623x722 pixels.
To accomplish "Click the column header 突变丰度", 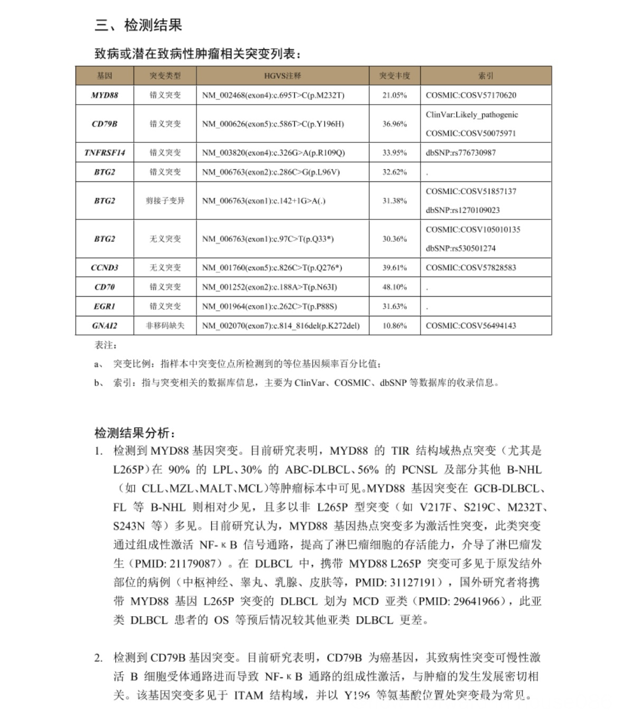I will [x=394, y=76].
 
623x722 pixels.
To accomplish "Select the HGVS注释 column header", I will [x=282, y=76].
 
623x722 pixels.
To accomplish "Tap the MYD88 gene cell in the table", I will [x=104, y=95].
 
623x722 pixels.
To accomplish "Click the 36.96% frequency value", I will [x=394, y=124].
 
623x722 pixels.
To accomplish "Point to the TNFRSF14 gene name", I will [x=104, y=153].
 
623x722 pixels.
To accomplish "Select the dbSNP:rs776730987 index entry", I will [x=460, y=153].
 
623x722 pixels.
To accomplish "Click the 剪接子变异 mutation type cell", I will [x=165, y=200].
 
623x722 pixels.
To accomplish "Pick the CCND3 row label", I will [x=104, y=268].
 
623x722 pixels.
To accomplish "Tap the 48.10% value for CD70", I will [x=394, y=287].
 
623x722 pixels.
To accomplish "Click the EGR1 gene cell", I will [x=104, y=306].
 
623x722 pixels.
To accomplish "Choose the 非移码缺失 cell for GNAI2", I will [x=165, y=326].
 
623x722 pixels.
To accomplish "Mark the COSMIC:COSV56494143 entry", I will [x=470, y=326].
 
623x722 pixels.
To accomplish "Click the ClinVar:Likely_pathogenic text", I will [x=471, y=115].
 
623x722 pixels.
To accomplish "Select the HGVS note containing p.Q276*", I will [x=272, y=268].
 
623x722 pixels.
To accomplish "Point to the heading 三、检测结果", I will [x=138, y=25].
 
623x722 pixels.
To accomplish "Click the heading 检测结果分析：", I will [x=135, y=433].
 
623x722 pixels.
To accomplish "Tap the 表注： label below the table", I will [x=106, y=345].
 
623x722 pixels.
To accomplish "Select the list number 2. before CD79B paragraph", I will [x=99, y=658].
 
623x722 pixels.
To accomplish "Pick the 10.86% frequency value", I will [x=394, y=326].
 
